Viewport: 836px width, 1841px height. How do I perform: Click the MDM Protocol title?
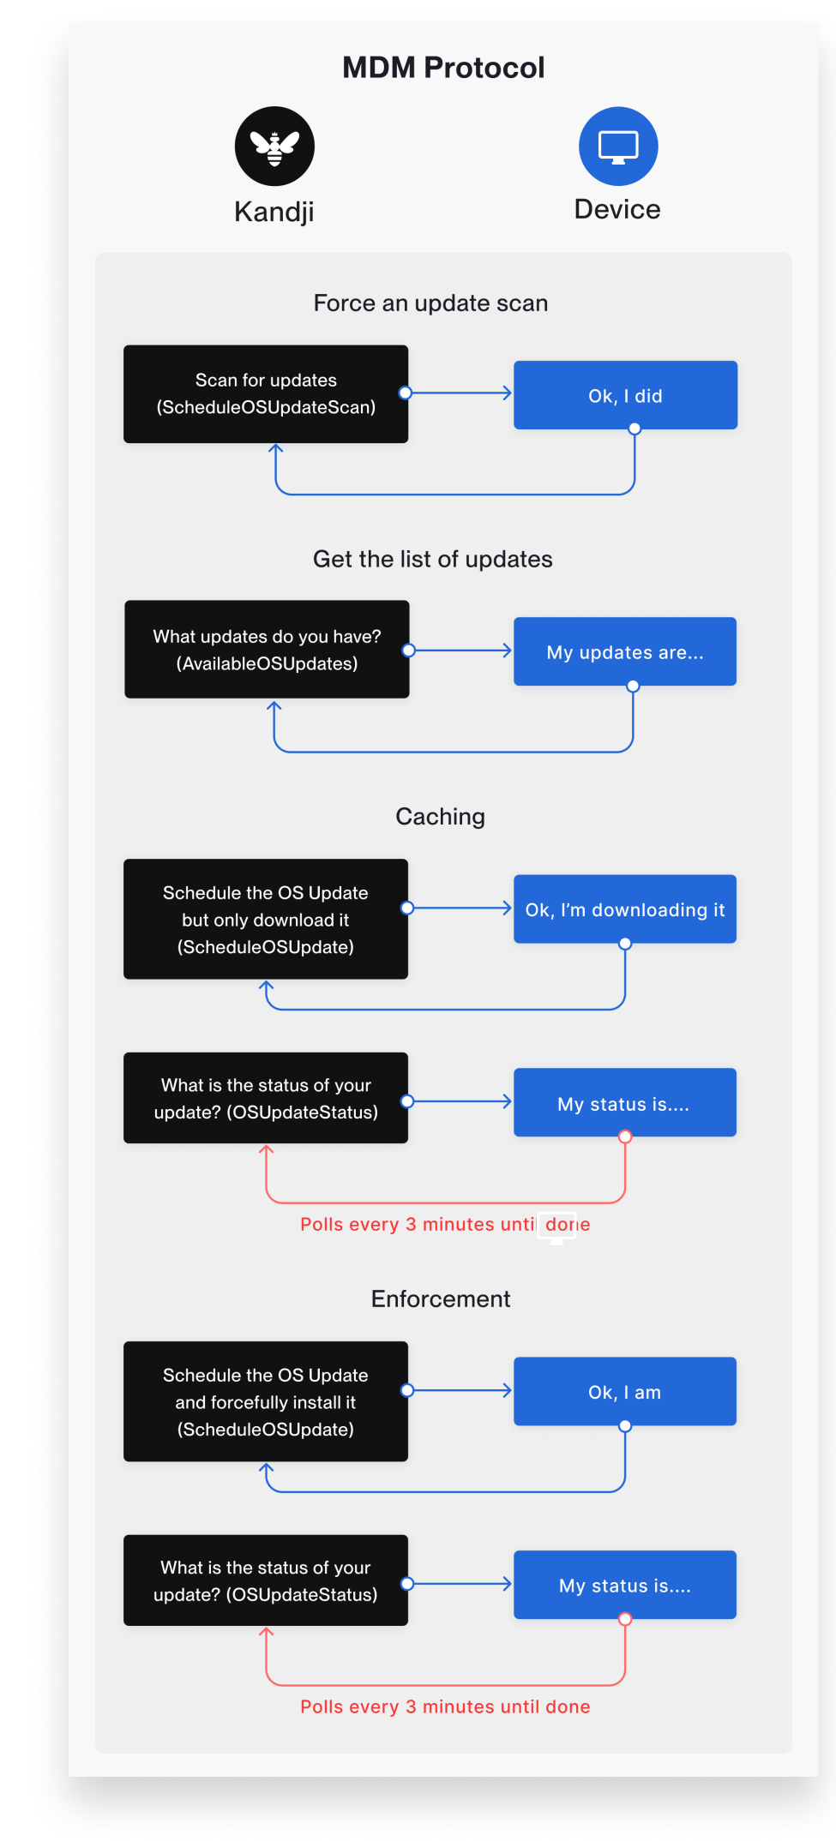point(443,68)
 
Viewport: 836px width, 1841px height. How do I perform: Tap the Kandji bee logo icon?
point(274,147)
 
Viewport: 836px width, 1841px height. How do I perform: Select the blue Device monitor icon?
point(618,147)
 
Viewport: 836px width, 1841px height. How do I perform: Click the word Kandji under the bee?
point(274,212)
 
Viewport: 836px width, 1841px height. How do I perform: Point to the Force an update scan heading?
point(430,303)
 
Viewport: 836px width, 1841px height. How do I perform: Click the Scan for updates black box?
point(266,394)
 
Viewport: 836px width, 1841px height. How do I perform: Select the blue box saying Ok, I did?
point(625,395)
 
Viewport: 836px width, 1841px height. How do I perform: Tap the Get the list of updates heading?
point(432,560)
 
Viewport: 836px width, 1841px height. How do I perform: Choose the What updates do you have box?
point(267,650)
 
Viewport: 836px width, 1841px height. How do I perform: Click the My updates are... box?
point(625,651)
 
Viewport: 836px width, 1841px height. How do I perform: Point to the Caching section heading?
point(440,817)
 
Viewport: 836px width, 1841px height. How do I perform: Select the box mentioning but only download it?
point(266,920)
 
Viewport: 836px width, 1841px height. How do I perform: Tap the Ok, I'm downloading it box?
point(625,909)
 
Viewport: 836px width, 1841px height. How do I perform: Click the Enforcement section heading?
point(441,1299)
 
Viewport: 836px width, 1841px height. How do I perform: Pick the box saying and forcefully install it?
point(266,1402)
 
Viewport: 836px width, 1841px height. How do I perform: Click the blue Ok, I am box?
point(625,1392)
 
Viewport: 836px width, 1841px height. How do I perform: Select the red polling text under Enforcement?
point(445,1707)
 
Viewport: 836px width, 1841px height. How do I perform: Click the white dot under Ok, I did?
point(635,429)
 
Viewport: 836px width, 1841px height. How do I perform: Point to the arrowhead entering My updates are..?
point(508,651)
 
